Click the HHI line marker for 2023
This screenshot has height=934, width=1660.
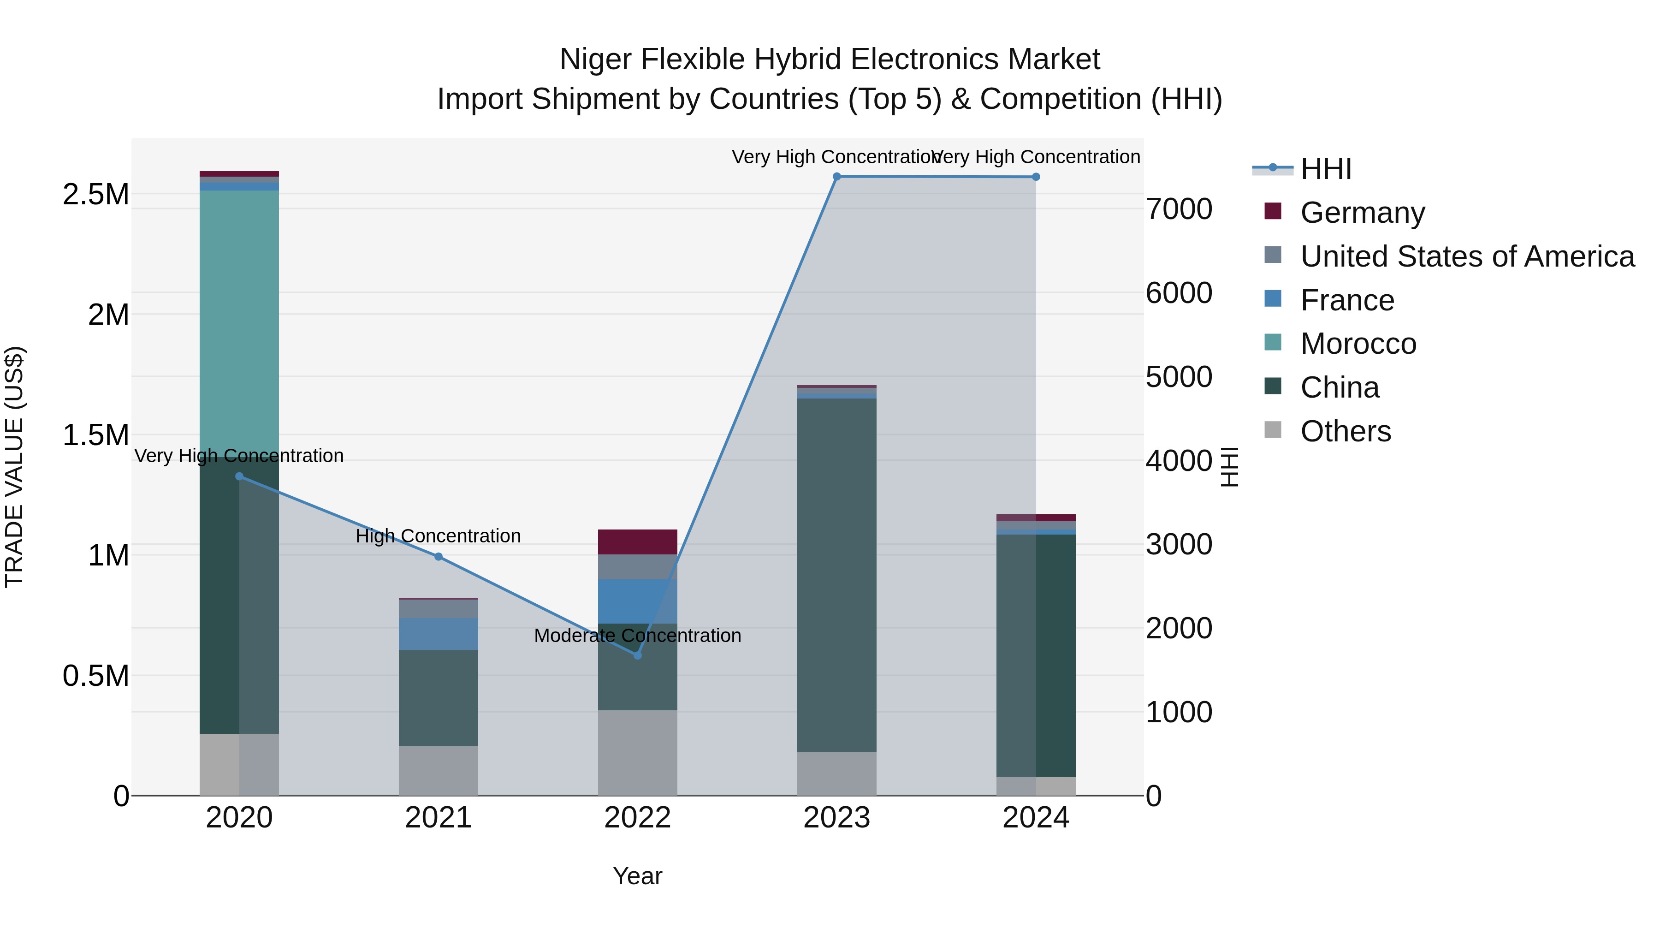[x=836, y=177]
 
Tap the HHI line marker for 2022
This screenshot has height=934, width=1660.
[x=637, y=655]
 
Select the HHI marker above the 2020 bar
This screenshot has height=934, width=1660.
[x=239, y=476]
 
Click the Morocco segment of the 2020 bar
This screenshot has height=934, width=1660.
[x=239, y=322]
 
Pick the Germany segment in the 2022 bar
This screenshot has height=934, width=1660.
[x=637, y=541]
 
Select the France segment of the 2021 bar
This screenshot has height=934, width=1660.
[x=438, y=634]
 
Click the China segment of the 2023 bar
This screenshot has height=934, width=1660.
[x=836, y=574]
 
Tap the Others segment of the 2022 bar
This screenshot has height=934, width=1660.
[x=637, y=752]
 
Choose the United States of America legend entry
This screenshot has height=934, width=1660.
[x=1467, y=256]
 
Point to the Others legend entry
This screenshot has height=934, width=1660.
[x=1345, y=431]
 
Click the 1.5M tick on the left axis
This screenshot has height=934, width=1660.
[x=95, y=435]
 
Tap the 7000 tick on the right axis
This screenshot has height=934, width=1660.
[x=1179, y=209]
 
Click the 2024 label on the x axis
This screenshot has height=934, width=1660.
[x=1036, y=818]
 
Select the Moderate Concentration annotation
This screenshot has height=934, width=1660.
[x=637, y=636]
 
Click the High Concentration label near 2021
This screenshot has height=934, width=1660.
[x=438, y=535]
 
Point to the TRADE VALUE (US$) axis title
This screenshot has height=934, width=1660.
[x=14, y=467]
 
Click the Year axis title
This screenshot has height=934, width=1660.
[x=637, y=876]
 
